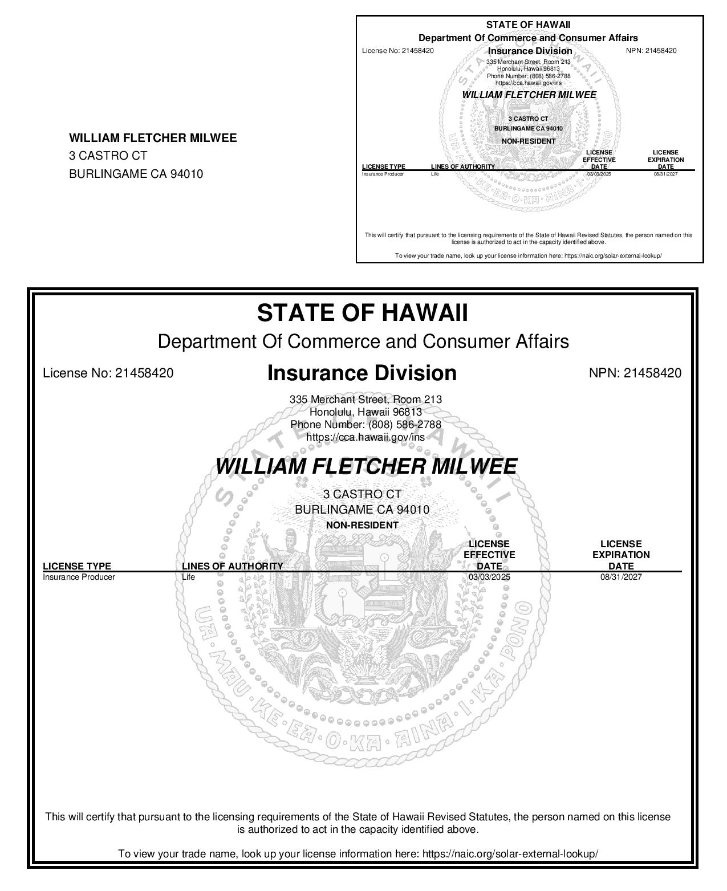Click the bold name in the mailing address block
(x=153, y=138)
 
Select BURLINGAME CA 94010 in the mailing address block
(x=136, y=174)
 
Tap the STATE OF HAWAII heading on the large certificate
(x=362, y=313)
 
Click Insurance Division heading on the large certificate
(x=362, y=373)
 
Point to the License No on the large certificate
(x=108, y=373)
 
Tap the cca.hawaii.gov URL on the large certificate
(x=365, y=437)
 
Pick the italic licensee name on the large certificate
(x=365, y=466)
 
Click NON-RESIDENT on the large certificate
(x=362, y=525)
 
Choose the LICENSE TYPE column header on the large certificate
(x=77, y=566)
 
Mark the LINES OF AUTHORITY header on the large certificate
(x=232, y=566)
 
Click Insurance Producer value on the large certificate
(x=79, y=577)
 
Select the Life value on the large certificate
(x=188, y=577)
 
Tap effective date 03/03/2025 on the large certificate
(x=489, y=577)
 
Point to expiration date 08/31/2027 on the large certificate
(x=621, y=577)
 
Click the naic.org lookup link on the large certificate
(x=511, y=854)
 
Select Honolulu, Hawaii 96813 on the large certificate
(x=365, y=412)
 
